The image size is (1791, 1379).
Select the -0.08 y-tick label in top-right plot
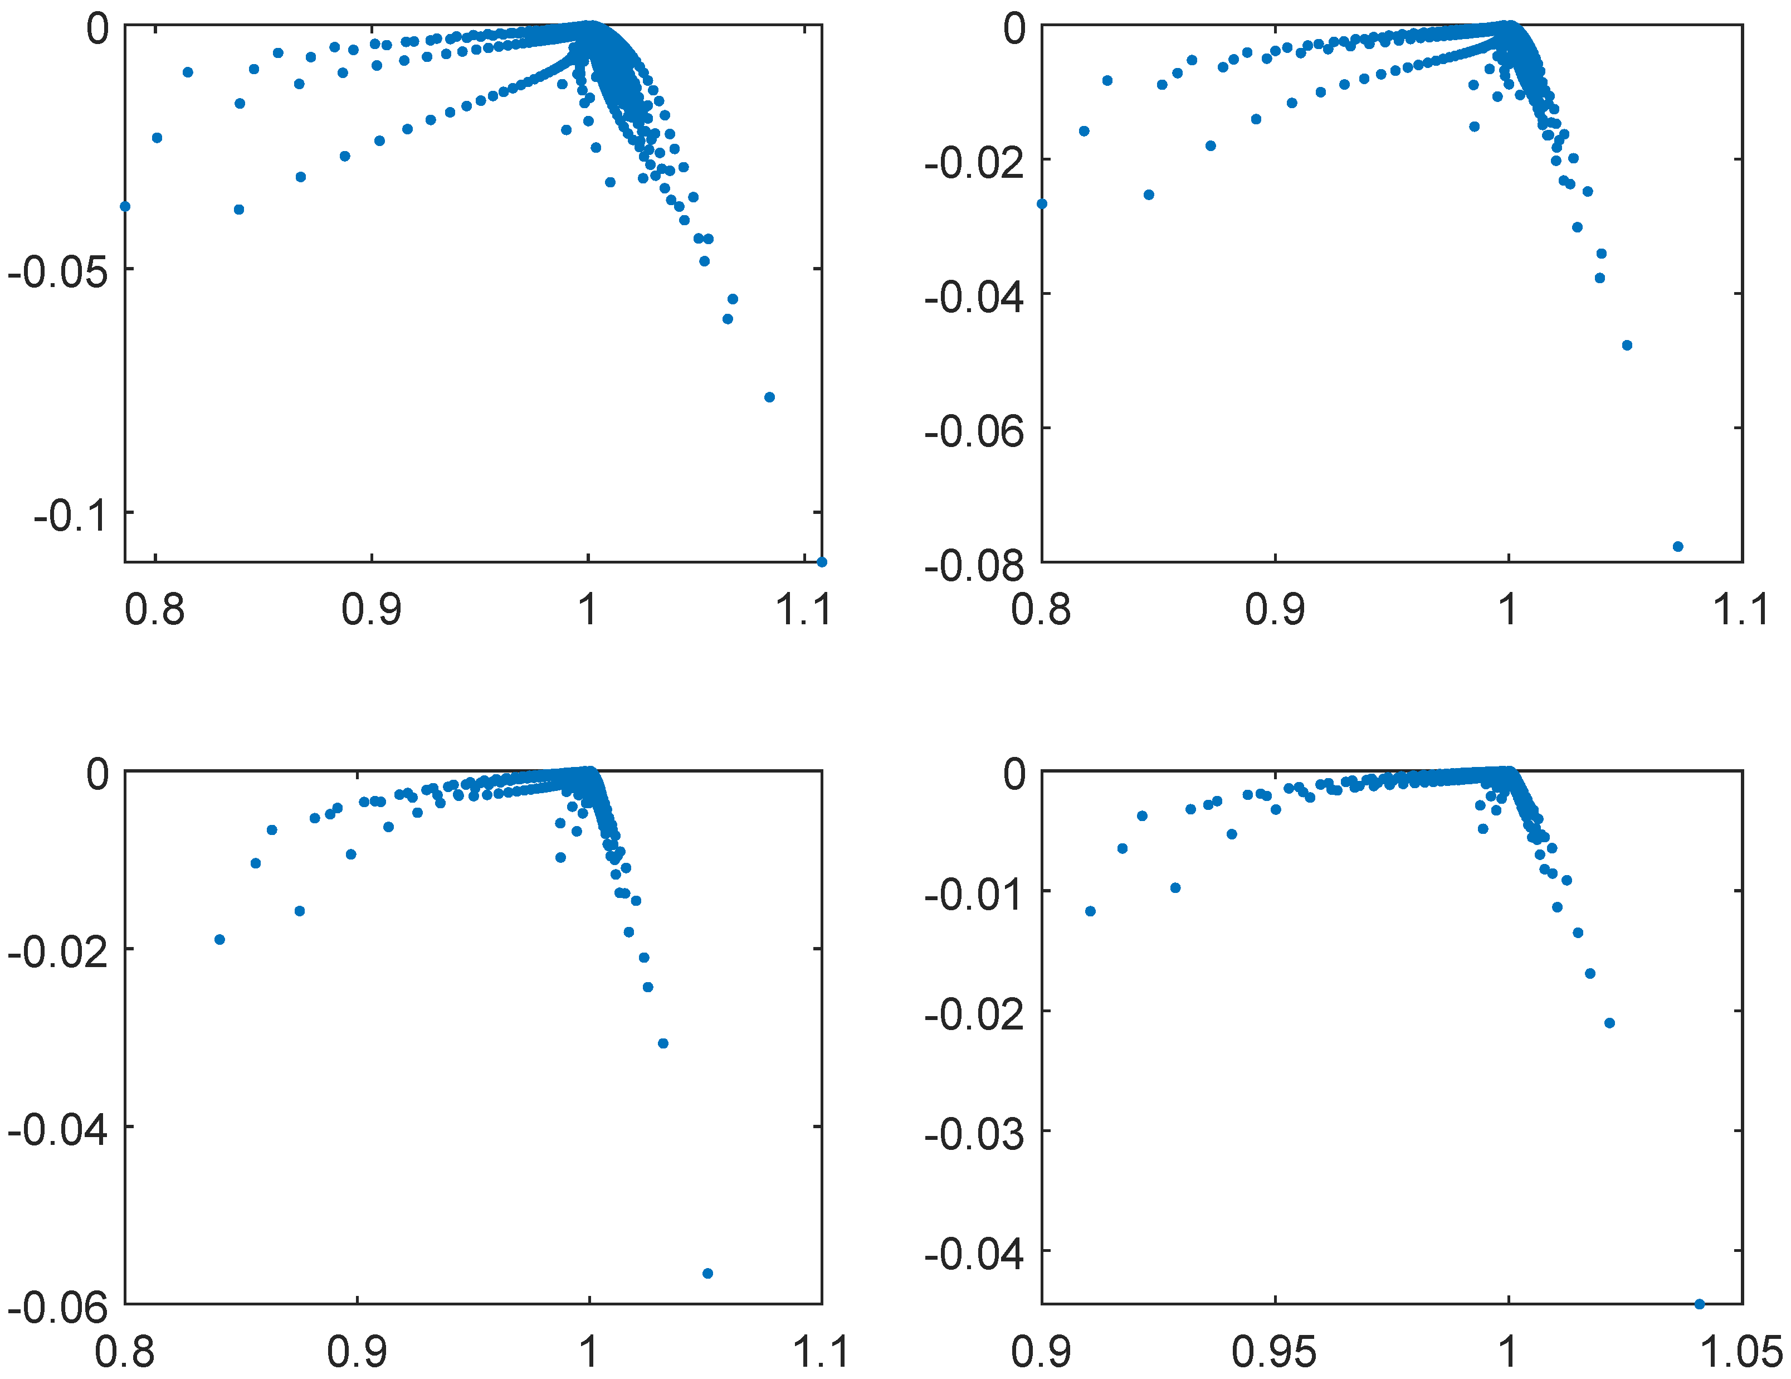[974, 565]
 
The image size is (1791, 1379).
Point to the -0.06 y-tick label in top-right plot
[974, 431]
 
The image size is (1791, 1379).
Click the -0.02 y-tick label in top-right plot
[974, 162]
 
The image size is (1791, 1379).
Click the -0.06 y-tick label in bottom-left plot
[57, 1307]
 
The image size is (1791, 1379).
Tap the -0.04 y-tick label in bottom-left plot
[57, 1130]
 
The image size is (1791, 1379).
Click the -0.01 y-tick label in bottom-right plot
[974, 894]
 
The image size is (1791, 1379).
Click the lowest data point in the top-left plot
[822, 562]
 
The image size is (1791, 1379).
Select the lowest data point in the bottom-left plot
[707, 1273]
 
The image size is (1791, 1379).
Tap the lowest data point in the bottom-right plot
[1699, 1304]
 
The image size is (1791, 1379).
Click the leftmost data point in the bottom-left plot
[220, 939]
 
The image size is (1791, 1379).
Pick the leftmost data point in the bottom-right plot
[1090, 911]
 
